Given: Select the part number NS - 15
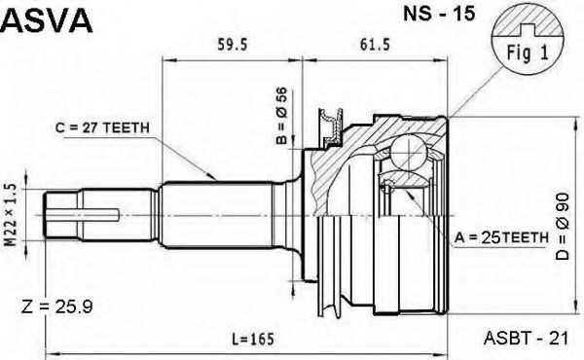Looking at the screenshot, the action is [x=439, y=14].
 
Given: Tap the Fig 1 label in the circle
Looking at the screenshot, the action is [x=528, y=53].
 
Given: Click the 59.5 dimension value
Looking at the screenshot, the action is [x=232, y=45].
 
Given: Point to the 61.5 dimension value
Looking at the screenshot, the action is [x=375, y=45].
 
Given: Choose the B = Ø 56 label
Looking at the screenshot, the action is [x=281, y=116].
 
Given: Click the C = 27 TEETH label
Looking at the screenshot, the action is [x=102, y=128].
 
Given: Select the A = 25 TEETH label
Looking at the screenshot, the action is [x=501, y=237].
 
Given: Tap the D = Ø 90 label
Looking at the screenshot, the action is [x=563, y=226].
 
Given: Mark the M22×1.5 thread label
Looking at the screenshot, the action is [x=11, y=215].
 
